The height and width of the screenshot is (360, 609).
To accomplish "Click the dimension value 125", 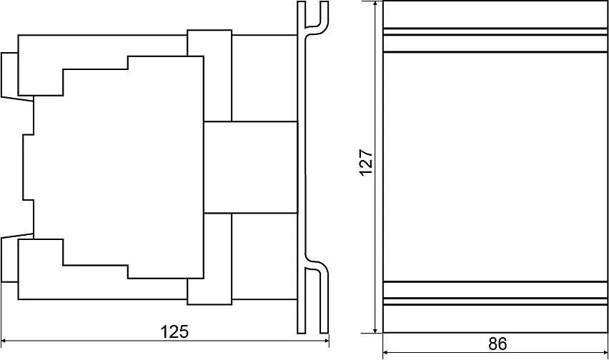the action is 174,331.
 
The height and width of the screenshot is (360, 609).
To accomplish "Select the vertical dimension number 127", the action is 366,162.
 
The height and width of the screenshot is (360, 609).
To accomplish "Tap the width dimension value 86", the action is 497,344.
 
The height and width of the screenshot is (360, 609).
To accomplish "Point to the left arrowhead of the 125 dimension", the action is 5,341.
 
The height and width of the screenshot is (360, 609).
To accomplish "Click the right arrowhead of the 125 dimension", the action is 325,341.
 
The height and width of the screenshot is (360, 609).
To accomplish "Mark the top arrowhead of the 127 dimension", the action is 375,5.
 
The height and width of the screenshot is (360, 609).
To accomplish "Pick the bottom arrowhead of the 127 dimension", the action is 375,329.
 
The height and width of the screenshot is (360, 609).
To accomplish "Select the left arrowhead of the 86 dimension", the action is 387,353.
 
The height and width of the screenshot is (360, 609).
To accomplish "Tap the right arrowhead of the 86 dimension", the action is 604,353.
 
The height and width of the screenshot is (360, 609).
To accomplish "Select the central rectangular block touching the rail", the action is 250,167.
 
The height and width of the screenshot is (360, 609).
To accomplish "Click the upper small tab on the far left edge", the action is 9,74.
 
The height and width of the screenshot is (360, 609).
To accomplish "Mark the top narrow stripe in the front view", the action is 495,31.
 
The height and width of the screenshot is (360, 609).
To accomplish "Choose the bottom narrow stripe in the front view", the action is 495,301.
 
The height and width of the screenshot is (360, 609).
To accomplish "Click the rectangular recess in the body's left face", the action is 29,167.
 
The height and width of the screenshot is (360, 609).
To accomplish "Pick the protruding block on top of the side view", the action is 209,43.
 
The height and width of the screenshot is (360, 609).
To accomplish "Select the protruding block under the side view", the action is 209,291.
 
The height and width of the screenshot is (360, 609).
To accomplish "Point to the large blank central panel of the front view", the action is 495,167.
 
